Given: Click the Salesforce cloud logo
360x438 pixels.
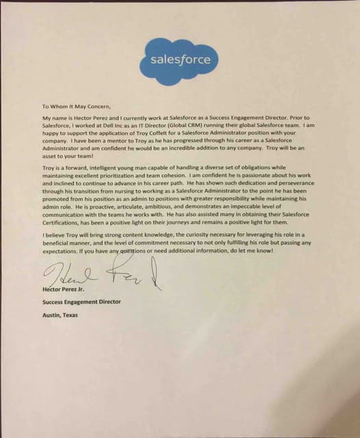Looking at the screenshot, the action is click(180, 60).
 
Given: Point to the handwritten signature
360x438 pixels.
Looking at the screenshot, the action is click(103, 274).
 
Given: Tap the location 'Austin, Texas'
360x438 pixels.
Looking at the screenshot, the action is click(60, 315).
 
